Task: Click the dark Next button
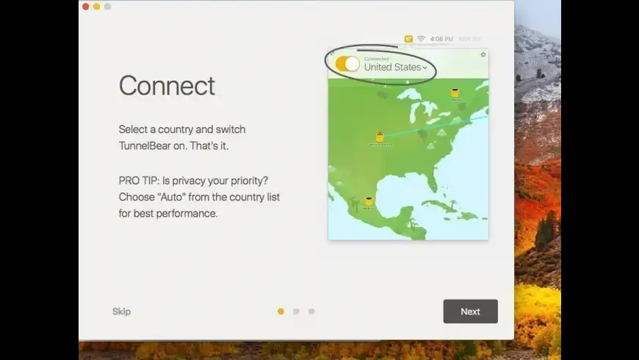point(470,312)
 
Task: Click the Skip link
point(121,312)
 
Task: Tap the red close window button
point(85,7)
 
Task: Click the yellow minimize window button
point(96,7)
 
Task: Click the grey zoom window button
point(107,7)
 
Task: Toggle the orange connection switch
point(347,64)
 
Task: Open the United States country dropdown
point(395,67)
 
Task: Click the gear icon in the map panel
point(483,54)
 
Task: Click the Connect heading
point(167,86)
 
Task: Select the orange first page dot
point(281,312)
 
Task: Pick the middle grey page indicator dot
point(296,312)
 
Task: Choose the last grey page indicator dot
point(311,312)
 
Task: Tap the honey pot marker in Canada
point(455,93)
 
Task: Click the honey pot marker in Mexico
point(369,201)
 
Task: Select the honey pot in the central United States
point(380,137)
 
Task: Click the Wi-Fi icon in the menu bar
point(421,38)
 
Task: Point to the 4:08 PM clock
point(441,38)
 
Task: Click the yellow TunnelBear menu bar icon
point(408,38)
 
